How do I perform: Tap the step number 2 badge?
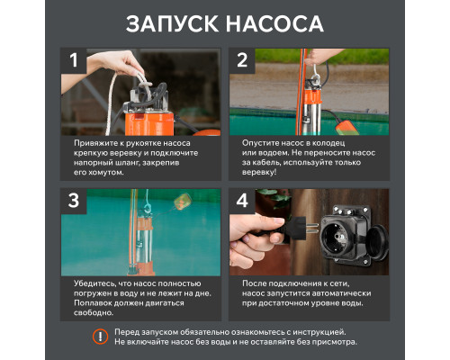click(x=242, y=62)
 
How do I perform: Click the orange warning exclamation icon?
click(x=100, y=337)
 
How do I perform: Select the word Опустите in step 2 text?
click(x=260, y=143)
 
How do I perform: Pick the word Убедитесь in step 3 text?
click(x=94, y=283)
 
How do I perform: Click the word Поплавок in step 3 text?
click(x=92, y=304)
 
